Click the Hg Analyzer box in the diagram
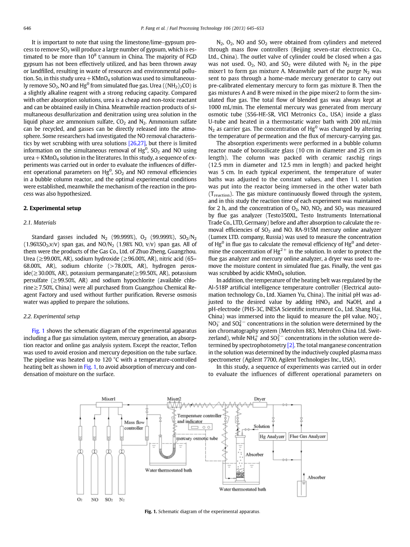[x=272, y=437]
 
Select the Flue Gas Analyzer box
[x=308, y=437]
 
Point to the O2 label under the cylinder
[x=80, y=500]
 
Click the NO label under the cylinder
[x=94, y=500]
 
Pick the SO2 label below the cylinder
[x=109, y=500]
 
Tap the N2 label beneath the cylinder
[x=122, y=500]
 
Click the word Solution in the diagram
[x=262, y=426]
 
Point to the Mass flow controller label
[x=134, y=426]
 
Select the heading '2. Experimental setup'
[x=52, y=208]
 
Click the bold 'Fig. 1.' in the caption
[x=151, y=512]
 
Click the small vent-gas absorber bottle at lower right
[x=301, y=488]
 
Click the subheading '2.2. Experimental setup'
[x=51, y=316]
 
